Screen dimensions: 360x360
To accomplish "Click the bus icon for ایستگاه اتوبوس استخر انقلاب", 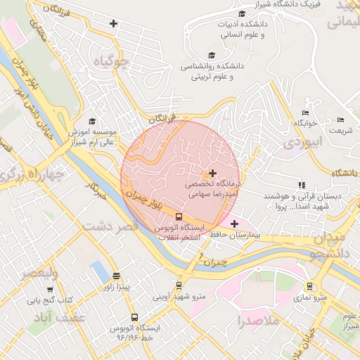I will click(x=179, y=217).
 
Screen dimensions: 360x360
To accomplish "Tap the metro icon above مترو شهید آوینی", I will click(x=179, y=285).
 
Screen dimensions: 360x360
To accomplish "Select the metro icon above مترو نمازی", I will click(x=309, y=285).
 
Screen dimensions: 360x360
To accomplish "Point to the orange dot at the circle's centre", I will click(x=206, y=174).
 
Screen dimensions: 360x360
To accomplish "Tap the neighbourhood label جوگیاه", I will click(x=116, y=63).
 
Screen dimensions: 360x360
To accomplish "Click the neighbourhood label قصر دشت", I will click(x=109, y=226).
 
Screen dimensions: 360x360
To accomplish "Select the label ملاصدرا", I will click(x=259, y=321).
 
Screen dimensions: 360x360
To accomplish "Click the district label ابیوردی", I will click(x=302, y=143).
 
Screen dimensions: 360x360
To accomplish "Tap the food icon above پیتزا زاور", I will click(x=116, y=276).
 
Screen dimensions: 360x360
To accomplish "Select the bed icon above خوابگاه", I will click(x=304, y=112).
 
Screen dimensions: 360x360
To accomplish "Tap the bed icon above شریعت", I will click(x=341, y=120).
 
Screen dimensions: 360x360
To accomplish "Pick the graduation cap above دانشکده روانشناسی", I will click(x=212, y=55).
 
